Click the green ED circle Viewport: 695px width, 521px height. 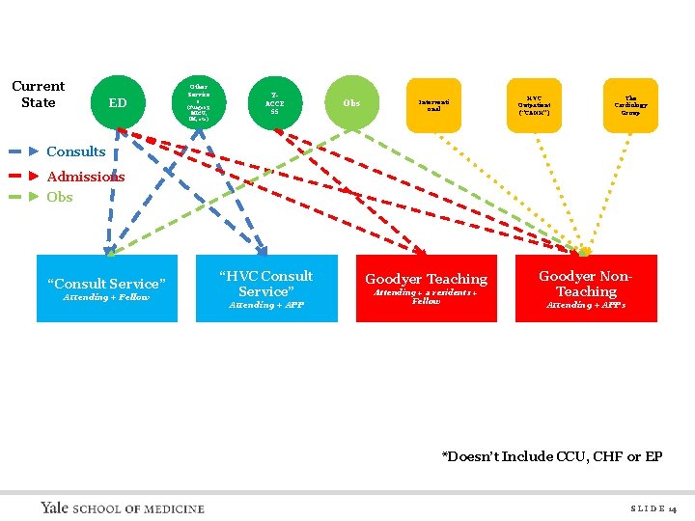(117, 102)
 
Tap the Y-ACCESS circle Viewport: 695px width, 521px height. (274, 102)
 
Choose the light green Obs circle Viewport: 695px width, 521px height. (351, 102)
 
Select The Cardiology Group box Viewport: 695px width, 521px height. (630, 104)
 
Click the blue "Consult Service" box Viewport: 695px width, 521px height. (107, 288)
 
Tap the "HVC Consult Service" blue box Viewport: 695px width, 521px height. (265, 288)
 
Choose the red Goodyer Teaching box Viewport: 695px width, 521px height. (426, 288)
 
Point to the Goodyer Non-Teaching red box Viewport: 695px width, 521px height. (586, 288)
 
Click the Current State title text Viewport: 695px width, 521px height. (39, 95)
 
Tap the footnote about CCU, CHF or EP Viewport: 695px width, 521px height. (552, 456)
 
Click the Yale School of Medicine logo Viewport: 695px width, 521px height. (123, 507)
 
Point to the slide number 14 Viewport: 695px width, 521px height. (653, 508)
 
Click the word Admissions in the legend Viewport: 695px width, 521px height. (86, 177)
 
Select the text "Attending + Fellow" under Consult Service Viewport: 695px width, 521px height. (106, 297)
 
